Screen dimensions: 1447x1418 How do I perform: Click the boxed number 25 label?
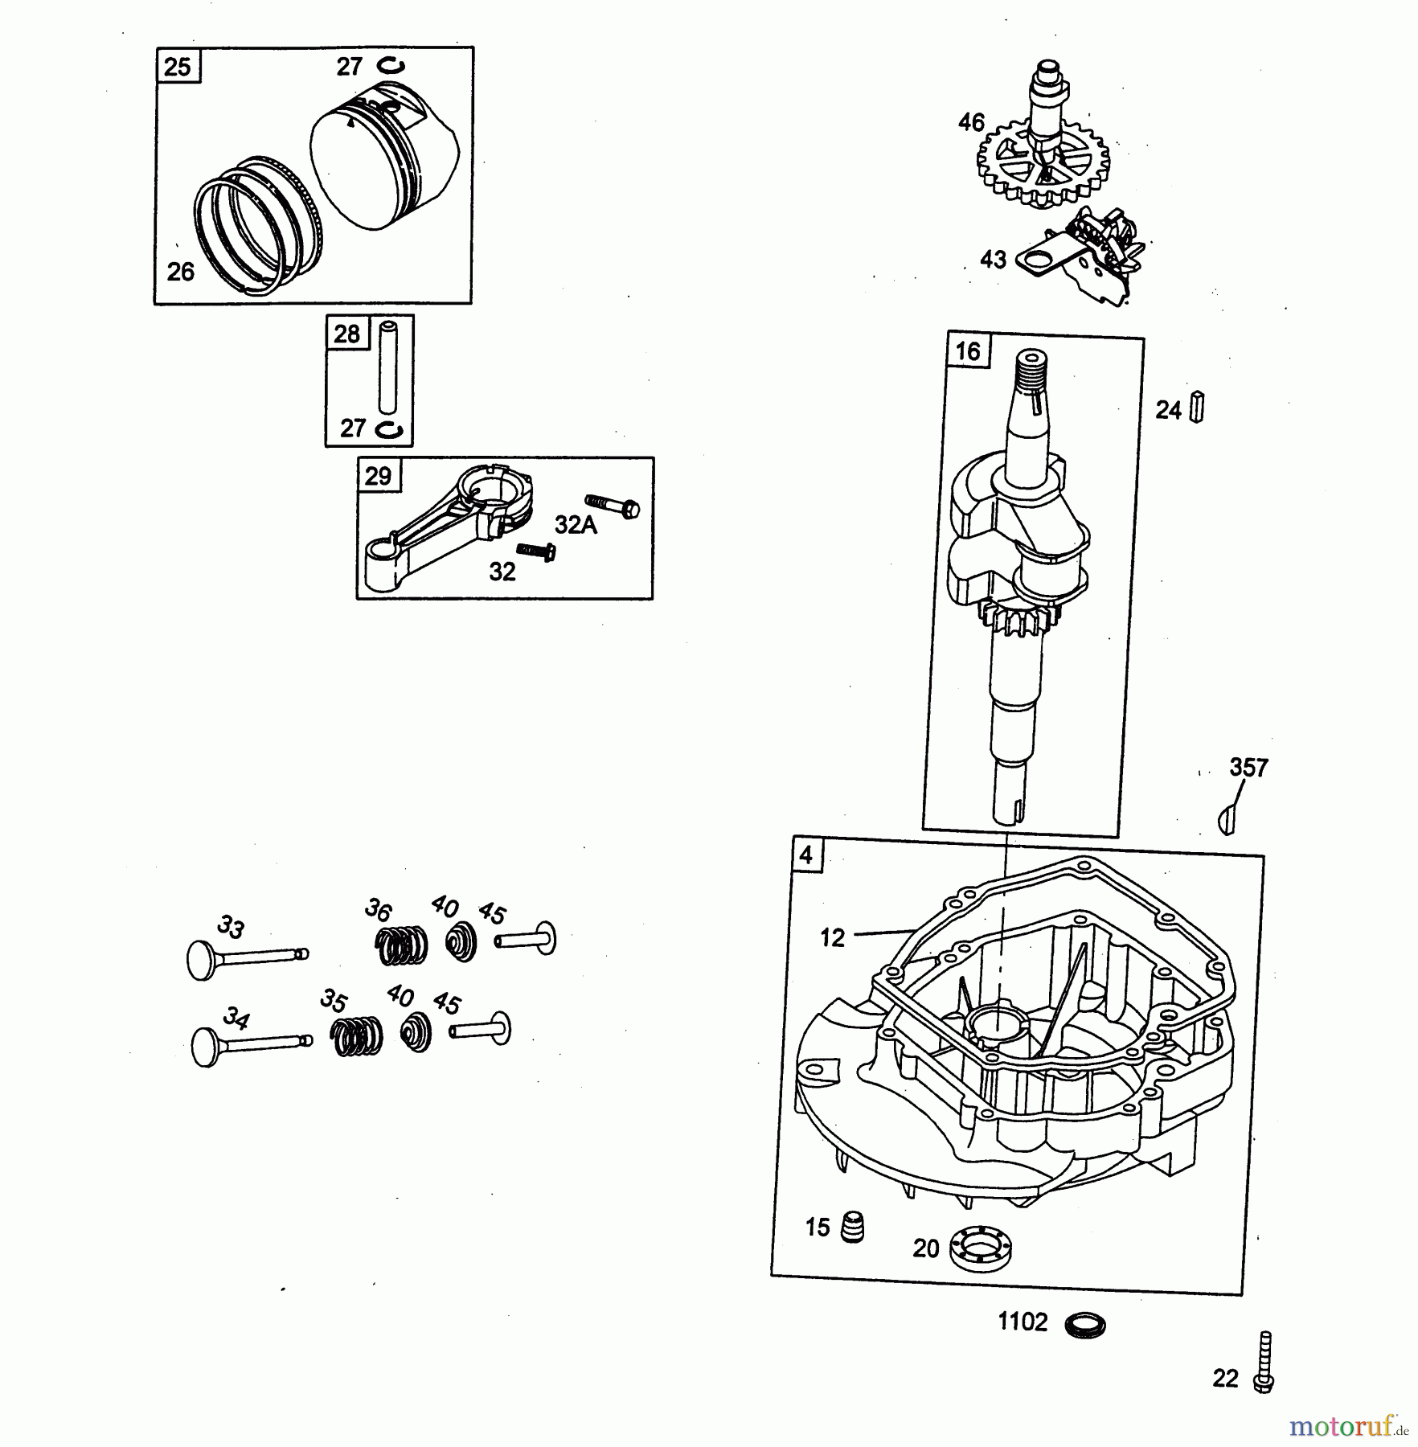178,66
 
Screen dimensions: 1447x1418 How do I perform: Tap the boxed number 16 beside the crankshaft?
969,351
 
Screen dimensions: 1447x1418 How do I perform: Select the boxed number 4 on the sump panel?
805,856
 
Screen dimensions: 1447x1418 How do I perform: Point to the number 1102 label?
1023,1322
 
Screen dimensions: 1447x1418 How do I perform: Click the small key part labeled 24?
1196,407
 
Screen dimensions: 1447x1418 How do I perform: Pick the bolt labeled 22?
1264,1362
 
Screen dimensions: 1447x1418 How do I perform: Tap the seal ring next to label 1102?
1084,1324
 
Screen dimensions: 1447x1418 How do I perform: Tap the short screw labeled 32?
537,551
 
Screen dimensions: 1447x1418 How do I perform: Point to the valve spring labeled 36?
402,945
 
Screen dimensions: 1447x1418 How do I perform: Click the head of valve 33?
198,959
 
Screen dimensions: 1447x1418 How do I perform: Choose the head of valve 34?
206,1047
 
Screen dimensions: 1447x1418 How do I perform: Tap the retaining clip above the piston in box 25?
391,66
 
